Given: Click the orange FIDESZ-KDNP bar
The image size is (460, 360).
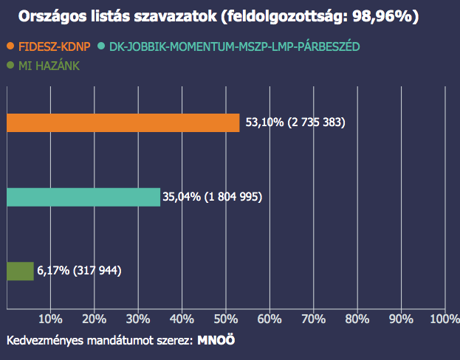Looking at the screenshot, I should click(x=123, y=122).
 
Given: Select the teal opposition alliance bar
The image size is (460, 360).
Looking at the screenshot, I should click(x=83, y=197).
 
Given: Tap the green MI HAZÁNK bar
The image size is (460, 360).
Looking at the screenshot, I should click(x=20, y=271).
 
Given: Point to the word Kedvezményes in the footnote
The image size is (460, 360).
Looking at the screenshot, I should click(x=44, y=342).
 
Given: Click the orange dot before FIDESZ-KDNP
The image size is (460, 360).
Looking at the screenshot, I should click(x=10, y=46).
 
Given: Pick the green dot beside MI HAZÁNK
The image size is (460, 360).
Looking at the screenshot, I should click(x=10, y=66).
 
